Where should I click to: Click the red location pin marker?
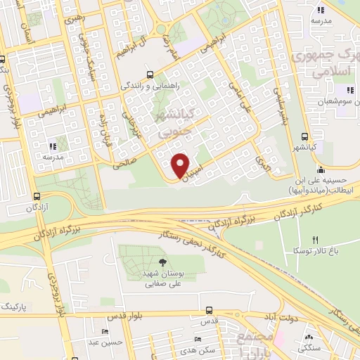point(180,165)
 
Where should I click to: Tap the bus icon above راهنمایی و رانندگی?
point(149,75)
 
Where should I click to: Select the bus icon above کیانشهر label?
point(304,136)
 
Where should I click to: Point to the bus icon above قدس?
point(210,309)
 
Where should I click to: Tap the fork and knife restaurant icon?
point(316,240)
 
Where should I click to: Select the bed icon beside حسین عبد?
point(105,330)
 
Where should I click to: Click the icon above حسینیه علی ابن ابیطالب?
point(321,169)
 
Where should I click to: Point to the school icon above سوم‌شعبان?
point(348,90)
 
